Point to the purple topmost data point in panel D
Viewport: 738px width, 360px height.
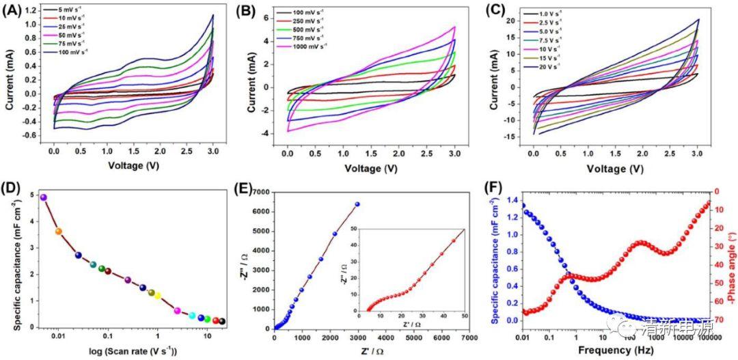coord(44,197)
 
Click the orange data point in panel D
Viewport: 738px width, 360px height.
coord(59,232)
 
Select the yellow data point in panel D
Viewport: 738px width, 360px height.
coord(157,296)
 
